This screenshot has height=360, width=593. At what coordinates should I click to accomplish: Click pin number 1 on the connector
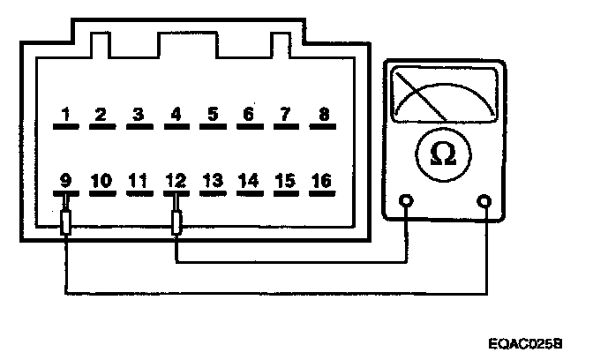tap(65, 115)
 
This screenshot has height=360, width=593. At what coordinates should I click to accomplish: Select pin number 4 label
tap(176, 115)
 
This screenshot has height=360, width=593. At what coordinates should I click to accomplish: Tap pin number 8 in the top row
tap(324, 115)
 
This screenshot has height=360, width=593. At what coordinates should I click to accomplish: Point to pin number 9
tap(65, 181)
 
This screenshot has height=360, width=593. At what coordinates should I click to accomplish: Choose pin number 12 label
tap(176, 181)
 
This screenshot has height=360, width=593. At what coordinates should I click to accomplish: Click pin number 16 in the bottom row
tap(322, 181)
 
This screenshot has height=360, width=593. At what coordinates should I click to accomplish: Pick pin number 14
tap(249, 181)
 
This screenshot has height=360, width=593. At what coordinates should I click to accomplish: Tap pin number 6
tap(249, 115)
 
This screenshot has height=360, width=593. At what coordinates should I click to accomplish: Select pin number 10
tap(101, 181)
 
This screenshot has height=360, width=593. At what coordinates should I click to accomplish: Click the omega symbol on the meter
tap(443, 154)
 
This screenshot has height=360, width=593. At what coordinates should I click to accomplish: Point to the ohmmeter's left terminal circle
tap(406, 201)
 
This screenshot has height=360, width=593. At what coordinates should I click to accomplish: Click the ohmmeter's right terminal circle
tap(484, 201)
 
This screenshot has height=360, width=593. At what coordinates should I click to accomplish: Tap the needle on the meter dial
tap(418, 97)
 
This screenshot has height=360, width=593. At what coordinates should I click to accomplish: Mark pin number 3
tap(138, 115)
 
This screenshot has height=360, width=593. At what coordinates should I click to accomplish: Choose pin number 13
tap(212, 181)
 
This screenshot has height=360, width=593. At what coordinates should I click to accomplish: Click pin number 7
tap(285, 115)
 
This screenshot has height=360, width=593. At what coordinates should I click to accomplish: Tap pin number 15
tap(285, 181)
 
